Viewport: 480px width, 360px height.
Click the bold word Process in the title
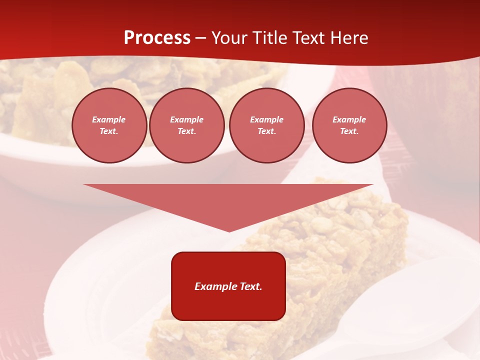157,38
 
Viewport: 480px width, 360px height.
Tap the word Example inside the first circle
109,119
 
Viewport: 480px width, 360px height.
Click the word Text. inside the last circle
349,131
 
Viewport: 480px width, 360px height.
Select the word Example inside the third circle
266,119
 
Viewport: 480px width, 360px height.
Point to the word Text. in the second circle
186,131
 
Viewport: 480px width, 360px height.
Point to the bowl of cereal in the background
45,100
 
